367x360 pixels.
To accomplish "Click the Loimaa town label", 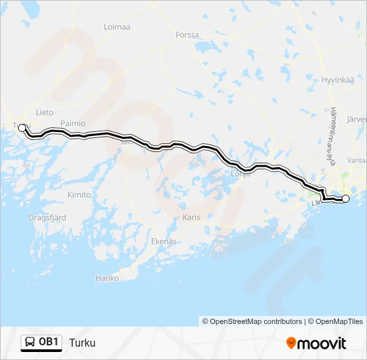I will click(117, 27).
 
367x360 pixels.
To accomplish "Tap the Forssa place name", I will click(187, 35).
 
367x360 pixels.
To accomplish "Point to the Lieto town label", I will click(45, 113).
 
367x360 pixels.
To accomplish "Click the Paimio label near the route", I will click(73, 123).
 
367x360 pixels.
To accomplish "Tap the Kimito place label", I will click(79, 195).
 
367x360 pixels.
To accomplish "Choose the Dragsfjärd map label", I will click(47, 217).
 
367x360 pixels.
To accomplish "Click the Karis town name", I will click(192, 217).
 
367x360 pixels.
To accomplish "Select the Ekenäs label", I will click(164, 241).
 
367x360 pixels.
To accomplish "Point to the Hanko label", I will click(107, 278).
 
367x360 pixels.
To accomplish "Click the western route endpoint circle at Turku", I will click(22, 127).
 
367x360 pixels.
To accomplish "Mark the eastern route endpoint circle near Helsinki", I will click(346, 199).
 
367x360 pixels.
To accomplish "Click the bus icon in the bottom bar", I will click(30, 343).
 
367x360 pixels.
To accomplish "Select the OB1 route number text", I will click(49, 343).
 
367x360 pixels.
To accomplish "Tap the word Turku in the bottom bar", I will click(82, 343).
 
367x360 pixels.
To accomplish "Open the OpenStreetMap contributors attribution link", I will click(256, 321).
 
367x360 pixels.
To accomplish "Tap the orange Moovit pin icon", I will click(291, 343).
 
